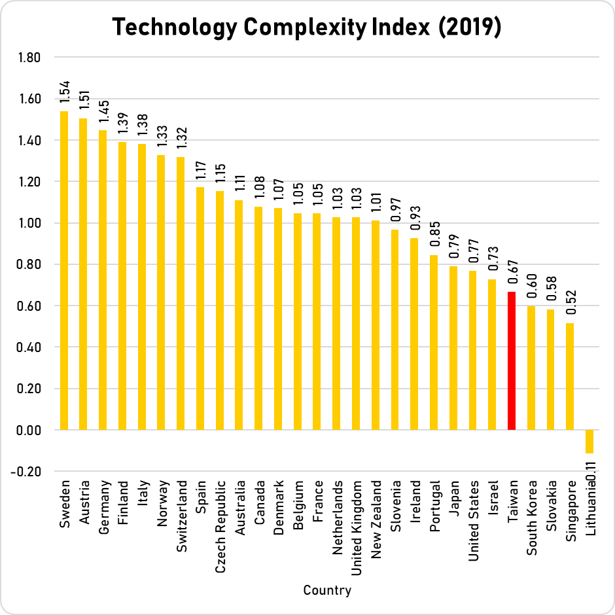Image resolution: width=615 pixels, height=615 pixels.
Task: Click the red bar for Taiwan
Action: pos(512,360)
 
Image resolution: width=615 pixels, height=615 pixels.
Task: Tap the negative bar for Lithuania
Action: pos(589,442)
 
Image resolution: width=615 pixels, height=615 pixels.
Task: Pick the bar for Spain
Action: pos(200,308)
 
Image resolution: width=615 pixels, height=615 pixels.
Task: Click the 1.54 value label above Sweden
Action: pos(64,92)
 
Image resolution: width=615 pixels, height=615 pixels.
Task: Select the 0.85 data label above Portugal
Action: pos(434,236)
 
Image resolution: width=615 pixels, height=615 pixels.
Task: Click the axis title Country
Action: pos(327,590)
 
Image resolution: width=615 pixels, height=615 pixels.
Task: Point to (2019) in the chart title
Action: pos(468,28)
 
